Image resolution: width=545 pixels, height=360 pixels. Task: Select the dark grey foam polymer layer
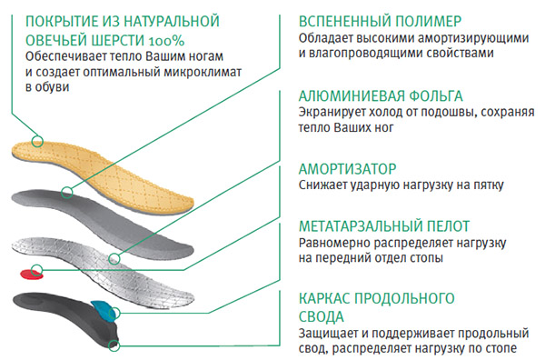[x=136, y=214]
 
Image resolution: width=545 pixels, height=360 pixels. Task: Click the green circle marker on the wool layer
[x=37, y=141]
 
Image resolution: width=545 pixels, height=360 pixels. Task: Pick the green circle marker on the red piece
[x=36, y=270]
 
